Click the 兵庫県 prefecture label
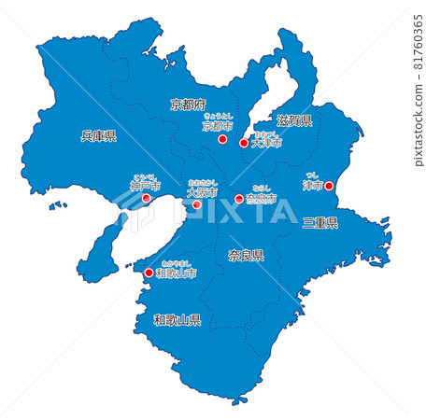pyautogui.click(x=98, y=136)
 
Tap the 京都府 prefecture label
pyautogui.click(x=188, y=105)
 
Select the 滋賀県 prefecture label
pyautogui.click(x=294, y=121)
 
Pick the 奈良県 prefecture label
pyautogui.click(x=246, y=254)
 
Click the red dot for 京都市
pyautogui.click(x=222, y=139)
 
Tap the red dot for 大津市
pyautogui.click(x=245, y=144)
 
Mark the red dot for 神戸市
pyautogui.click(x=146, y=198)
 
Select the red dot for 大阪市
pyautogui.click(x=196, y=204)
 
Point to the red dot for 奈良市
pyautogui.click(x=239, y=199)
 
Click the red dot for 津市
pyautogui.click(x=329, y=187)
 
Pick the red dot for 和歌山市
pyautogui.click(x=149, y=273)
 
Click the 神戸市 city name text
pyautogui.click(x=146, y=186)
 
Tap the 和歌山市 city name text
pyautogui.click(x=176, y=274)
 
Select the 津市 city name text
pyautogui.click(x=312, y=187)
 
